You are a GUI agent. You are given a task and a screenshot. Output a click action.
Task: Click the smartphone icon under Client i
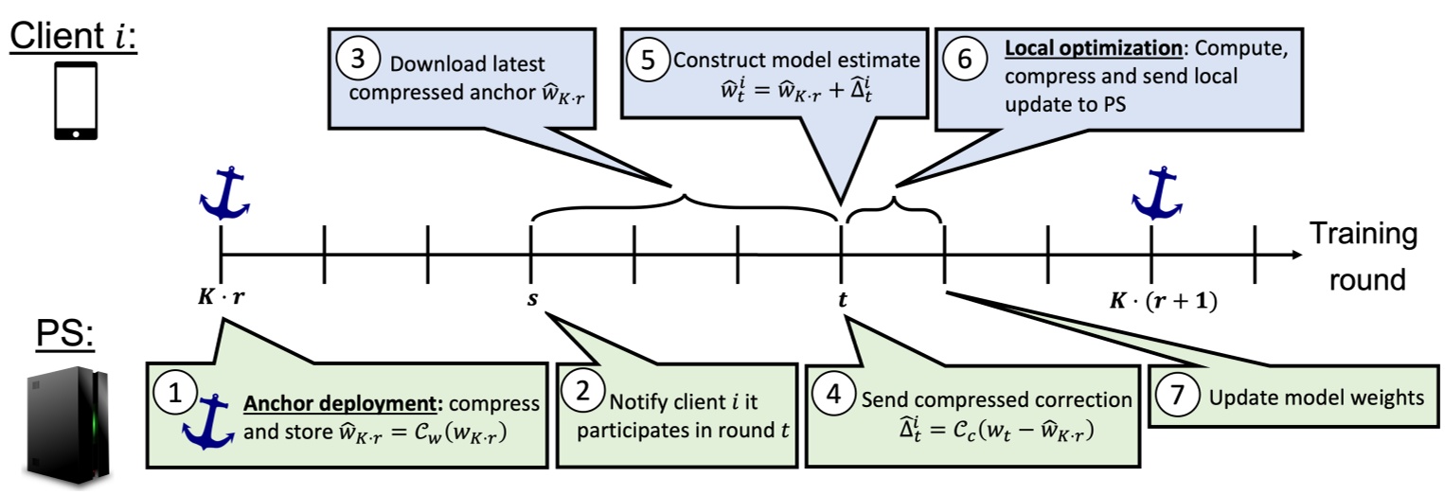(76, 102)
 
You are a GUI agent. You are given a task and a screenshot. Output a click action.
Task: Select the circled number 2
(580, 393)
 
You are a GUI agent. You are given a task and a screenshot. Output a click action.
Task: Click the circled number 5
(648, 59)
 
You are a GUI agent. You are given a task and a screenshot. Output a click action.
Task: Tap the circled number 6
(964, 59)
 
